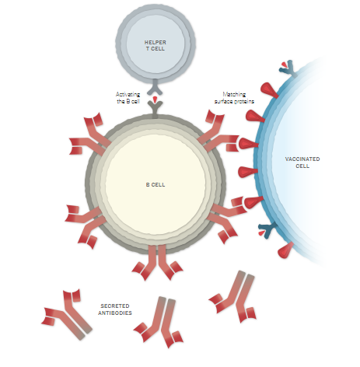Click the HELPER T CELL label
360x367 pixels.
[156, 45]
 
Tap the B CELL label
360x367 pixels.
[156, 184]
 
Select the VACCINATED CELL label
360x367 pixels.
[302, 163]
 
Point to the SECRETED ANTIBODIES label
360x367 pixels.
[115, 309]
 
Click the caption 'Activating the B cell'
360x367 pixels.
[128, 98]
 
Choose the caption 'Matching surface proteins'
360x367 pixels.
[234, 98]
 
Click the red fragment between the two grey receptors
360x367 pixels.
[155, 100]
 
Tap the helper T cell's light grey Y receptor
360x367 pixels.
[155, 86]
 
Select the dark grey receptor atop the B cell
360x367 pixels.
[155, 110]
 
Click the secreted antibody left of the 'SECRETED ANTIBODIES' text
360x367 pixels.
[67, 314]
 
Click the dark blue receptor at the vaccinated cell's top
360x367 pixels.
[289, 68]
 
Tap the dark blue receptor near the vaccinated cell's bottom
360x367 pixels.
[268, 229]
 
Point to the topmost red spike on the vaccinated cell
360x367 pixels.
[269, 90]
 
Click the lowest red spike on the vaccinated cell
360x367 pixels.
[285, 250]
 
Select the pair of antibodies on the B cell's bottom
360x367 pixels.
[157, 262]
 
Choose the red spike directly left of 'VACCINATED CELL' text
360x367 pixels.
[248, 172]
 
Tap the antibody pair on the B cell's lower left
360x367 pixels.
[86, 225]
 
